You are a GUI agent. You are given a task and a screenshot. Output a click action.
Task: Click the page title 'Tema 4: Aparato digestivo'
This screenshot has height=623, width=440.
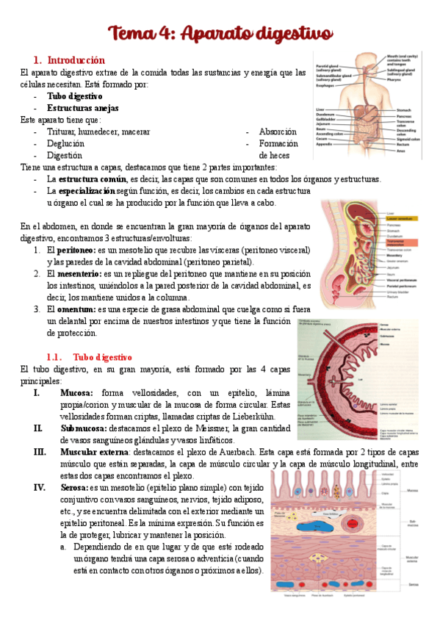pos(220,34)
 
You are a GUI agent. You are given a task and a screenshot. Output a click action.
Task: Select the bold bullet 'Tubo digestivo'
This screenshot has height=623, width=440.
pos(74,96)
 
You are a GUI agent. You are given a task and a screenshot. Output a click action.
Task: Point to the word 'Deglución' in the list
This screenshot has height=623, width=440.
pos(65,143)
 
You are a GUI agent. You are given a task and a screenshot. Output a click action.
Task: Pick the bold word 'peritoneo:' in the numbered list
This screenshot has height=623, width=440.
pos(72,250)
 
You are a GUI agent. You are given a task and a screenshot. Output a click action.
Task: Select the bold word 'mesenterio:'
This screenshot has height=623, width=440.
pos(76,274)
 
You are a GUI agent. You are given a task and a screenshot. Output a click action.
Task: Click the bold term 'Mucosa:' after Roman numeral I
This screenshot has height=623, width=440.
pos(76,393)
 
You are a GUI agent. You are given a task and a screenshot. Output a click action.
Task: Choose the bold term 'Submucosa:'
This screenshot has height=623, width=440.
pos(83,428)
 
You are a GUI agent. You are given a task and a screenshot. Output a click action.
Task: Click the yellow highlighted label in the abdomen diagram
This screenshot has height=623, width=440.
pos(402,219)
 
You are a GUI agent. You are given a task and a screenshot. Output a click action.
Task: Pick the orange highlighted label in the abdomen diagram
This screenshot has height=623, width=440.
pos(401,242)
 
